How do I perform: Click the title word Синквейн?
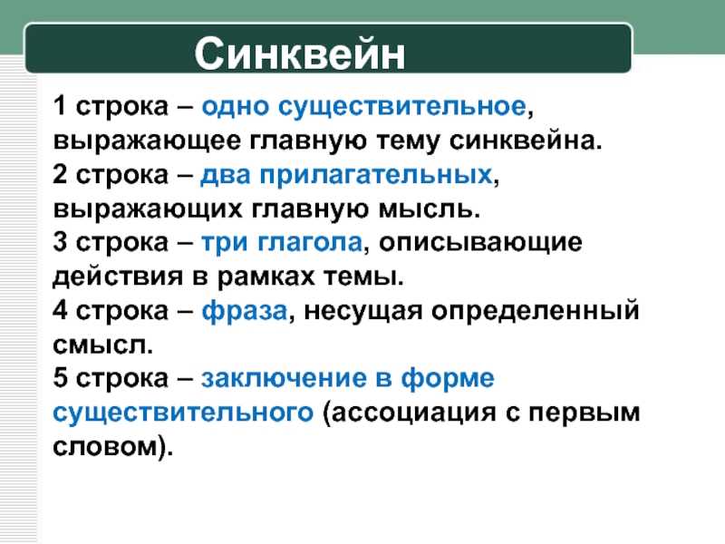pyautogui.click(x=300, y=54)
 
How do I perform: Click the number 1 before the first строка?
pyautogui.click(x=60, y=105)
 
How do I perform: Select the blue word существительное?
pyautogui.click(x=401, y=107)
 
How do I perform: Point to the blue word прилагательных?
pyautogui.click(x=376, y=176)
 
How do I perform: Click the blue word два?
pyautogui.click(x=226, y=176)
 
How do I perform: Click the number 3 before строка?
pyautogui.click(x=60, y=241)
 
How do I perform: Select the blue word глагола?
pyautogui.click(x=310, y=242)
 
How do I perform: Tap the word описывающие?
pyautogui.click(x=480, y=243)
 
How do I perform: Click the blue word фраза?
pyautogui.click(x=245, y=311)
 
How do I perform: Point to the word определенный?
pyautogui.click(x=536, y=311)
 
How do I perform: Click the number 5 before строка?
pyautogui.click(x=60, y=377)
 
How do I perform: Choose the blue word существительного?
pyautogui.click(x=183, y=413)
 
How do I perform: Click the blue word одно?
pyautogui.click(x=236, y=107)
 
